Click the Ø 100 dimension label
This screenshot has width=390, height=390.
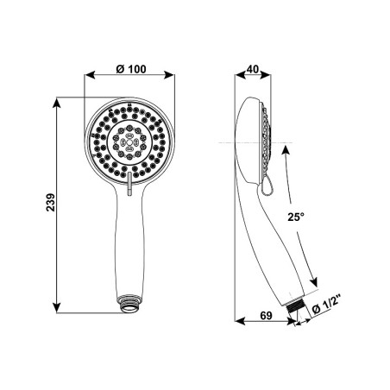click(x=131, y=69)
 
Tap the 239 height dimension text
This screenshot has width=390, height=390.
click(x=51, y=203)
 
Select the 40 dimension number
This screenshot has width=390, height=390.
click(x=253, y=69)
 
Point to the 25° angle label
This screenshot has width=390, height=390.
click(x=296, y=217)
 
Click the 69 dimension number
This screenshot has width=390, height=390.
click(x=266, y=316)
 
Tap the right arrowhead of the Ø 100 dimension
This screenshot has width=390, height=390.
click(x=168, y=75)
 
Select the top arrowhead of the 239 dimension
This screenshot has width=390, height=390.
click(x=57, y=103)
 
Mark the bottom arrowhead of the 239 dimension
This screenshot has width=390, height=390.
click(x=57, y=307)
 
